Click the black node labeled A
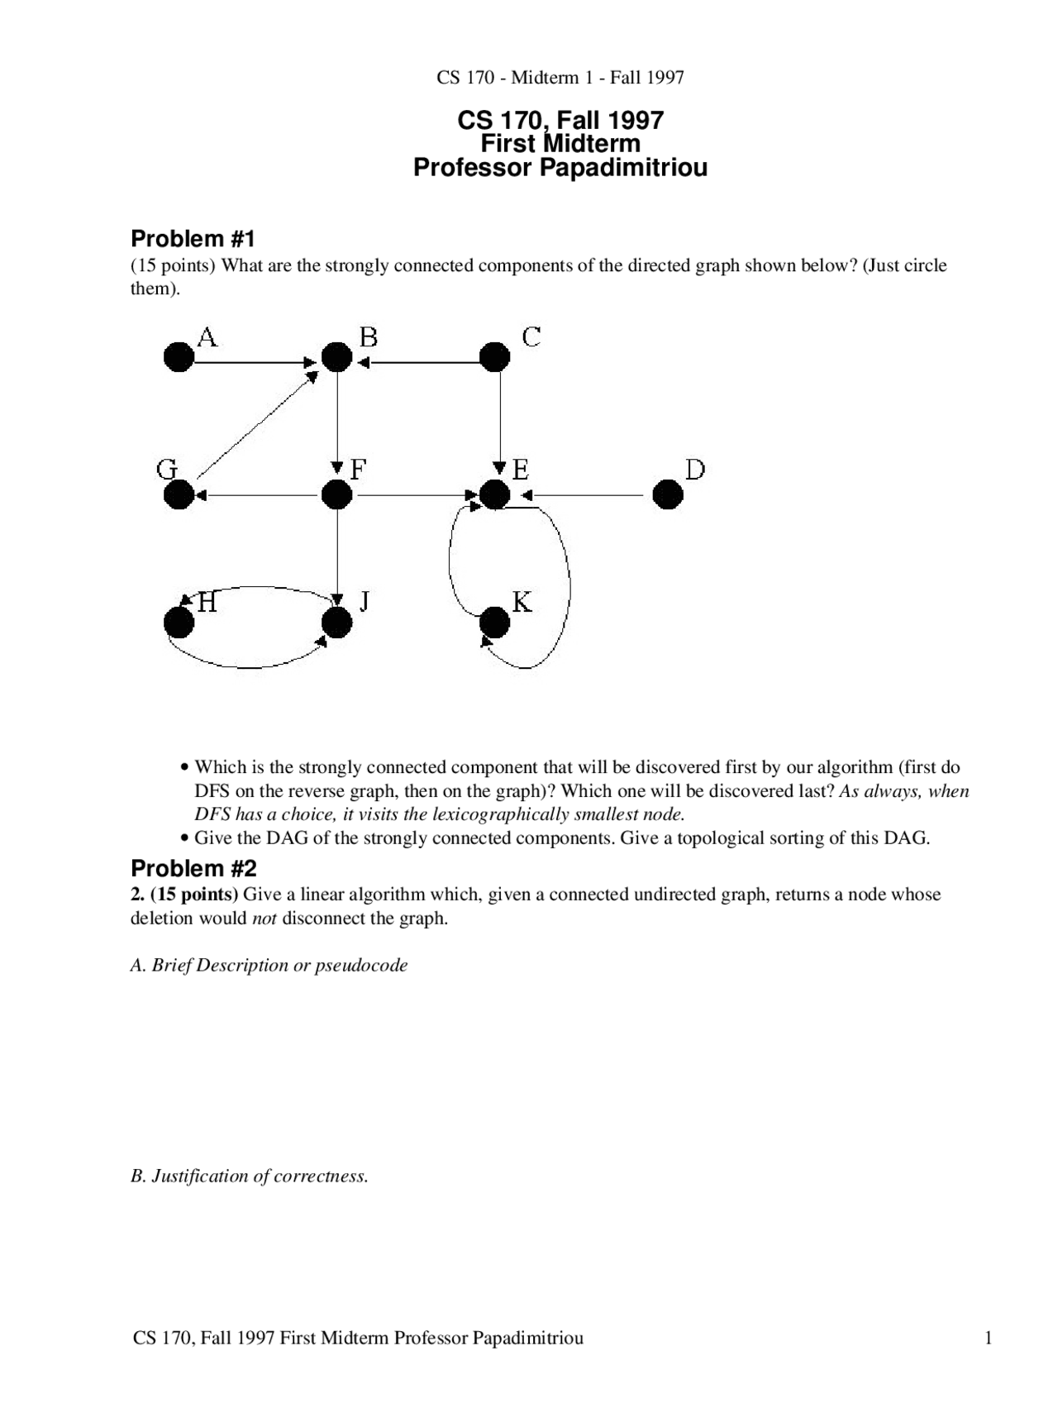coord(179,357)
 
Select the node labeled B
coord(336,357)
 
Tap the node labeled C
coord(495,357)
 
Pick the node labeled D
coord(668,495)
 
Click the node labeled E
coord(494,495)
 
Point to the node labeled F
coord(336,495)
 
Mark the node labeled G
coord(179,495)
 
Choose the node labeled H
coord(179,623)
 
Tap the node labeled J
coord(336,623)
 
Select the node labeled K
coord(494,623)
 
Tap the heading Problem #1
coord(193,239)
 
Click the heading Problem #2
coord(193,868)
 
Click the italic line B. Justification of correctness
coord(249,1176)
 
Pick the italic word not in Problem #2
coord(264,919)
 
